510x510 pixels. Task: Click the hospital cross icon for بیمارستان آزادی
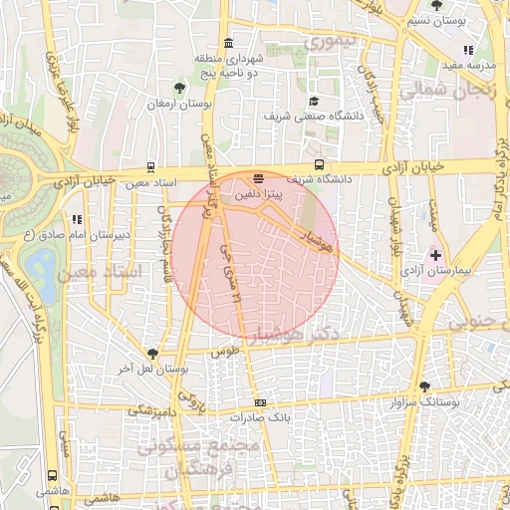tap(435, 255)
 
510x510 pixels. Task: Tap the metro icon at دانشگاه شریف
tap(319, 165)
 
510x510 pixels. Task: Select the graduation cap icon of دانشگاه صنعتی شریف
tap(314, 101)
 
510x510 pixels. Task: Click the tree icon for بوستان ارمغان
tap(179, 89)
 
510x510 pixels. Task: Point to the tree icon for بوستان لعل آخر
tap(152, 354)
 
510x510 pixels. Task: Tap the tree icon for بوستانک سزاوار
tap(425, 385)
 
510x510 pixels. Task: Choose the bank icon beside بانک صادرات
tap(260, 402)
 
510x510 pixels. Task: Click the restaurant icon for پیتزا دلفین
tap(259, 180)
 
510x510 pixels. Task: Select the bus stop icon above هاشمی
tap(51, 476)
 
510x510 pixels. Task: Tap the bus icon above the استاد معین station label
tap(150, 167)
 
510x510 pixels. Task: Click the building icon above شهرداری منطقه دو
tap(229, 43)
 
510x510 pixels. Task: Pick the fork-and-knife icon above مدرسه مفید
tap(468, 50)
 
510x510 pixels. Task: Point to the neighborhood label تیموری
tap(329, 43)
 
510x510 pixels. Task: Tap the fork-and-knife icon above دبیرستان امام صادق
tap(77, 219)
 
